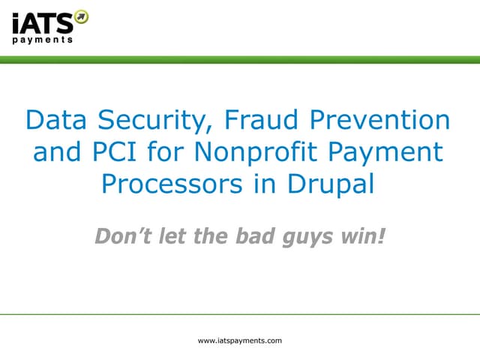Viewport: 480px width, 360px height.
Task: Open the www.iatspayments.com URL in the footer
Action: click(239, 340)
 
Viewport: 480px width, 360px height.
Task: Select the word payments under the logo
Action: click(43, 40)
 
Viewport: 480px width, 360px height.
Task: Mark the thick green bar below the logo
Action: click(240, 59)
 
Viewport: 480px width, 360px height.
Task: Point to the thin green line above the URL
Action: click(240, 314)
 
